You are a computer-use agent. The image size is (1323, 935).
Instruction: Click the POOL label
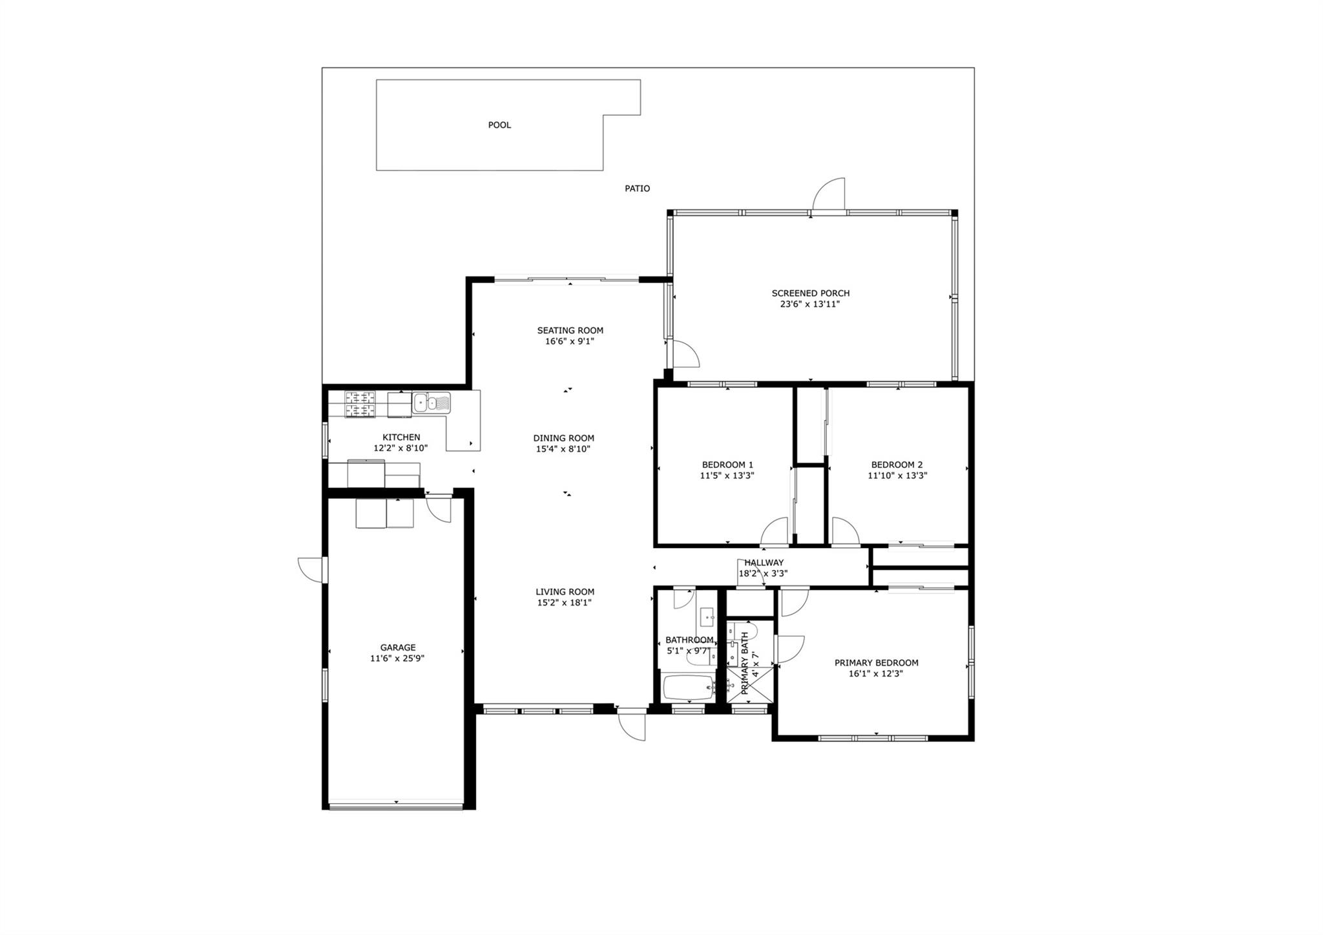pyautogui.click(x=499, y=125)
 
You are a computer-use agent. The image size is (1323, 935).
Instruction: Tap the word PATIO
pyautogui.click(x=637, y=189)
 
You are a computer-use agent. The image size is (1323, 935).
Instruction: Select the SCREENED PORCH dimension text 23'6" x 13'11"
pyautogui.click(x=810, y=304)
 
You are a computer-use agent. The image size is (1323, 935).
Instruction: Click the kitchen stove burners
pyautogui.click(x=360, y=404)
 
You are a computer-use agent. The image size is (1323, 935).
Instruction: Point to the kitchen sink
pyautogui.click(x=432, y=403)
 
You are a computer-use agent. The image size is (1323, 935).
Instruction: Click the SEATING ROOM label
pyautogui.click(x=570, y=331)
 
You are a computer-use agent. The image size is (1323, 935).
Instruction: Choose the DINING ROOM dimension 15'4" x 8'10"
pyautogui.click(x=564, y=449)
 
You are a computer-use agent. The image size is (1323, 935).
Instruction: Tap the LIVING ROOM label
pyautogui.click(x=565, y=592)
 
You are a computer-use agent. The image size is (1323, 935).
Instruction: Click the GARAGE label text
pyautogui.click(x=398, y=647)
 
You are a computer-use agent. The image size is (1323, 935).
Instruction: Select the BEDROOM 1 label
pyautogui.click(x=727, y=465)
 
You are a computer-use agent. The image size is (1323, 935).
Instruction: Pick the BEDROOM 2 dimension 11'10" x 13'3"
pyautogui.click(x=897, y=476)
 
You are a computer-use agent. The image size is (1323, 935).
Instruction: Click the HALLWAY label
pyautogui.click(x=764, y=563)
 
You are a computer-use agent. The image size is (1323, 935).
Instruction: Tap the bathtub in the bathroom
pyautogui.click(x=689, y=688)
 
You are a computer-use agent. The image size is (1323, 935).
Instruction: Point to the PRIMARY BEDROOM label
pyautogui.click(x=877, y=663)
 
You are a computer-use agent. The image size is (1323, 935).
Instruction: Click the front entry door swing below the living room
pyautogui.click(x=632, y=726)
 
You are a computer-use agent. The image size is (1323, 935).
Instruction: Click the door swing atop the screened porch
pyautogui.click(x=829, y=193)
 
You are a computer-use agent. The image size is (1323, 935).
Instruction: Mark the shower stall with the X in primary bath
pyautogui.click(x=750, y=684)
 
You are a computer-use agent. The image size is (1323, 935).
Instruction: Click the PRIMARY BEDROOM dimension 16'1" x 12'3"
pyautogui.click(x=876, y=674)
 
